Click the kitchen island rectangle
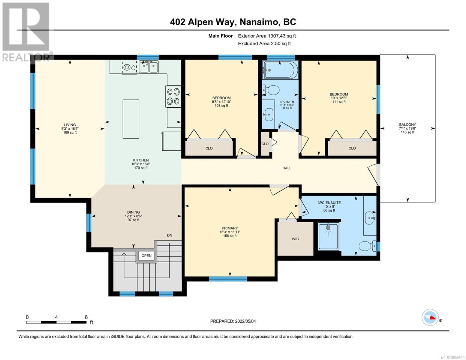pyautogui.click(x=131, y=119)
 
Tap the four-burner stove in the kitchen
pyautogui.click(x=173, y=97)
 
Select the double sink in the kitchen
pyautogui.click(x=149, y=67)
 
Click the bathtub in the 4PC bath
pyautogui.click(x=280, y=70)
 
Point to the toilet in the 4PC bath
pyautogui.click(x=271, y=90)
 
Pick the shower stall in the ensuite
pyautogui.click(x=328, y=236)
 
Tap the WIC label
pyautogui.click(x=295, y=239)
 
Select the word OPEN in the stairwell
pyautogui.click(x=146, y=256)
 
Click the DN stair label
pyautogui.click(x=170, y=235)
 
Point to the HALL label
pyautogui.click(x=287, y=168)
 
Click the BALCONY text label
pyautogui.click(x=407, y=124)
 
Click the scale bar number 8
pyautogui.click(x=86, y=317)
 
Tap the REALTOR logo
pyautogui.click(x=27, y=32)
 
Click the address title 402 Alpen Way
pyautogui.click(x=203, y=22)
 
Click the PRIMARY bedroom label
pyautogui.click(x=230, y=228)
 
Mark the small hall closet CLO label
pyautogui.click(x=265, y=144)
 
